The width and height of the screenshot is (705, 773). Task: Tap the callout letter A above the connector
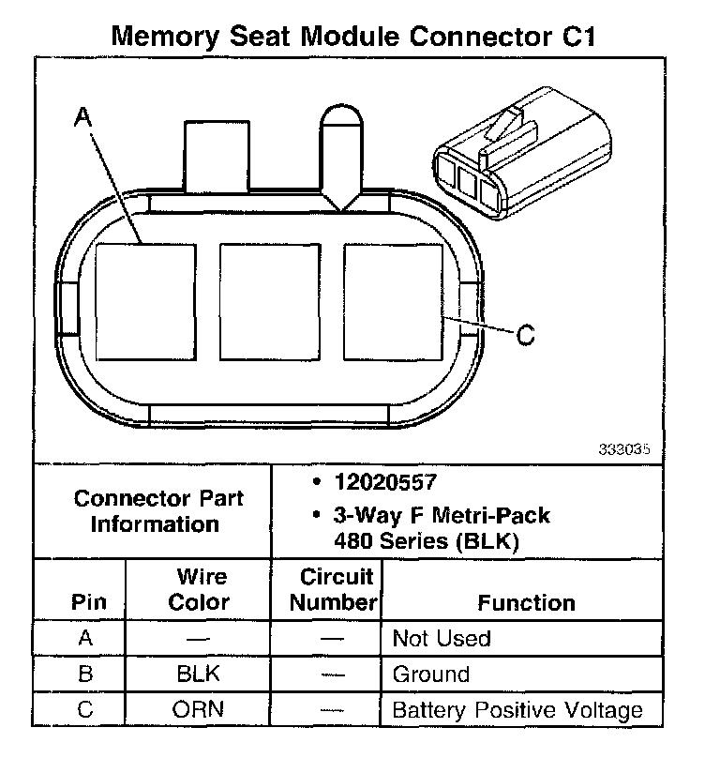pyautogui.click(x=82, y=116)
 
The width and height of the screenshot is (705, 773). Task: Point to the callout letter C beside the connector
pyautogui.click(x=526, y=334)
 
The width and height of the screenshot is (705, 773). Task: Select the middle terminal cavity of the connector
pyautogui.click(x=269, y=301)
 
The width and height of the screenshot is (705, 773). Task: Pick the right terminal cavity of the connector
pyautogui.click(x=393, y=301)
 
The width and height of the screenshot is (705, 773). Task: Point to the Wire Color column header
pyautogui.click(x=199, y=589)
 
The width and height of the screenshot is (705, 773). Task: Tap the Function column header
pyautogui.click(x=526, y=602)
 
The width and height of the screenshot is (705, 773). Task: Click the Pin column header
pyautogui.click(x=89, y=602)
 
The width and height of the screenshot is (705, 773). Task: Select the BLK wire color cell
pyautogui.click(x=199, y=674)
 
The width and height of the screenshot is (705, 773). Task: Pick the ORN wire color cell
pyautogui.click(x=199, y=709)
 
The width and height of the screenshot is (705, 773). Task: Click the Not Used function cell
pyautogui.click(x=442, y=639)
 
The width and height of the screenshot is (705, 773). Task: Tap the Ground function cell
pyautogui.click(x=431, y=674)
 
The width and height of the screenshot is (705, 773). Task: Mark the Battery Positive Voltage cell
pyautogui.click(x=517, y=709)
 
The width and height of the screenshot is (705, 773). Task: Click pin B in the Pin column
pyautogui.click(x=85, y=674)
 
